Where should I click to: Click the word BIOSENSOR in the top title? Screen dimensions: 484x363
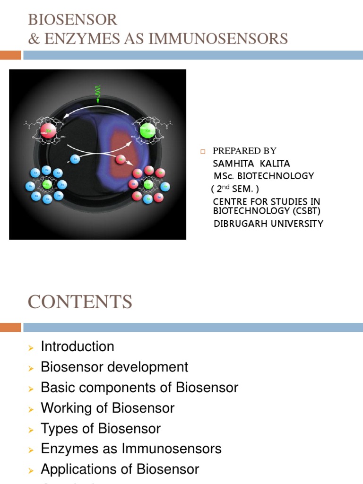(72, 20)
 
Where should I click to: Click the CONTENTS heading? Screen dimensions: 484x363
(80, 302)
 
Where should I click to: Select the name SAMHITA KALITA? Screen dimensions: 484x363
(251, 164)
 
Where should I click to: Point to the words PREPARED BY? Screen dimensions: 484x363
(244, 151)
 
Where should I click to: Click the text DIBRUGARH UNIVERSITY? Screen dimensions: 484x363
(268, 224)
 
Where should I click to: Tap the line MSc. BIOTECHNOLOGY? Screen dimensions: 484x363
(263, 176)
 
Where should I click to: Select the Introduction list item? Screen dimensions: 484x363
(78, 346)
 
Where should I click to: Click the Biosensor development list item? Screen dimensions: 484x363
(114, 367)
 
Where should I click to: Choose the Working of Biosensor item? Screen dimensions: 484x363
(108, 408)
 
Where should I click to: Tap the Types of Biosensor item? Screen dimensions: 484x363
(101, 428)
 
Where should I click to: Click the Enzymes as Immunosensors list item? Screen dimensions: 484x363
(131, 449)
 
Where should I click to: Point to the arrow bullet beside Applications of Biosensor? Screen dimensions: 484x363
(31, 470)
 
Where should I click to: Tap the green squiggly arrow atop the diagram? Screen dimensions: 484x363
(98, 94)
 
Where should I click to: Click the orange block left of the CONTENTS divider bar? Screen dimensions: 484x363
(10, 327)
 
